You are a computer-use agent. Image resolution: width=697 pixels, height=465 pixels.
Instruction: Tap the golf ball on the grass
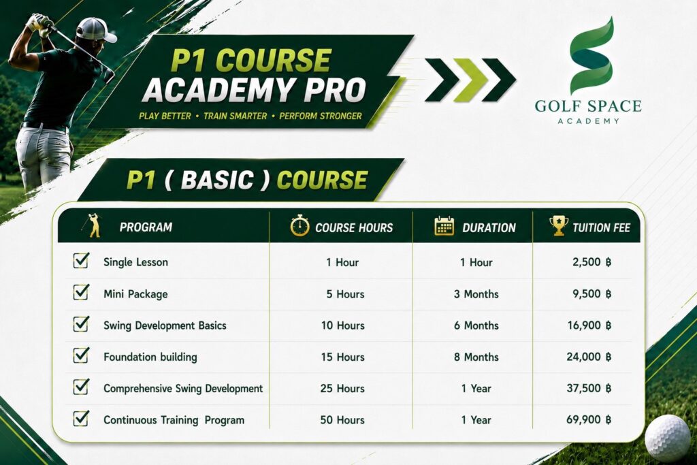(668, 438)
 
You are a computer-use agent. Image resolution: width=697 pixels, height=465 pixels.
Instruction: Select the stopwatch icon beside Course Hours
(299, 225)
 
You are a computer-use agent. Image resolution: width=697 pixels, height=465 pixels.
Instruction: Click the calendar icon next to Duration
(444, 226)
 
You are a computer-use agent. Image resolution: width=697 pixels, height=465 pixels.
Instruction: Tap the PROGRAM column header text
(146, 227)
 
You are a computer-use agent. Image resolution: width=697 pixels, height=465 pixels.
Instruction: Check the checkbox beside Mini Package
(81, 293)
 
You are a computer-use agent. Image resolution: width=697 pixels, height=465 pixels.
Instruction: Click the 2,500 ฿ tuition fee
(591, 262)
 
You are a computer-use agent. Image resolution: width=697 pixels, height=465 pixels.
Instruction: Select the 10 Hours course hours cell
(343, 325)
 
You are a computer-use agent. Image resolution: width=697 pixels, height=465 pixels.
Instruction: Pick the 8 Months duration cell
(476, 357)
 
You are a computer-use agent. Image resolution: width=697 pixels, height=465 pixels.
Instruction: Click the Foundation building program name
(150, 357)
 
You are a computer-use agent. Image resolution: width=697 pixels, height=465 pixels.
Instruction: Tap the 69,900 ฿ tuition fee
(589, 419)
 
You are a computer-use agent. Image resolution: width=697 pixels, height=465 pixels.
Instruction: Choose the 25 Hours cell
(342, 389)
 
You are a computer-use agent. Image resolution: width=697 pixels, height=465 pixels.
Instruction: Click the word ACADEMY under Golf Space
(588, 121)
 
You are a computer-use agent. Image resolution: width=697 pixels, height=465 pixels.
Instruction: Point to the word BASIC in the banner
(217, 180)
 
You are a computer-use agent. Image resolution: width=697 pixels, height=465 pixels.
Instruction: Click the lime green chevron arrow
(471, 80)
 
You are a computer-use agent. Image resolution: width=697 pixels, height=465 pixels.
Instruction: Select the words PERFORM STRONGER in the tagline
(321, 116)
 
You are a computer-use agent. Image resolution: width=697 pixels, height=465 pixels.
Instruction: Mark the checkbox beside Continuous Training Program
(81, 419)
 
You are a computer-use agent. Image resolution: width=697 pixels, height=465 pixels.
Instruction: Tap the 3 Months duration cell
(476, 294)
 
